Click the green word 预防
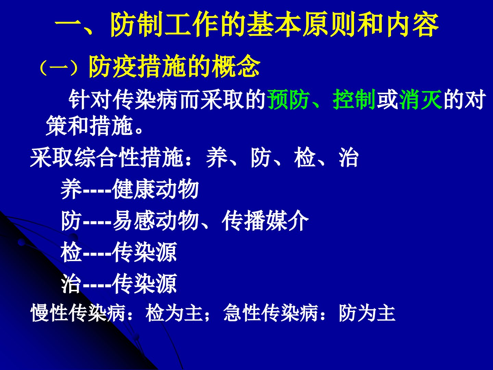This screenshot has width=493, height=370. (x=289, y=99)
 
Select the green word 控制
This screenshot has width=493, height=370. (x=354, y=99)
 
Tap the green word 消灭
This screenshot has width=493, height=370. (x=420, y=99)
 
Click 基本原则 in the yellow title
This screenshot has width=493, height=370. (x=302, y=24)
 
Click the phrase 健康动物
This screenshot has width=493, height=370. (x=155, y=189)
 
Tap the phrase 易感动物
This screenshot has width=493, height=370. (x=155, y=221)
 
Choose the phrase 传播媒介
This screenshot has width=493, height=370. (x=265, y=221)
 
